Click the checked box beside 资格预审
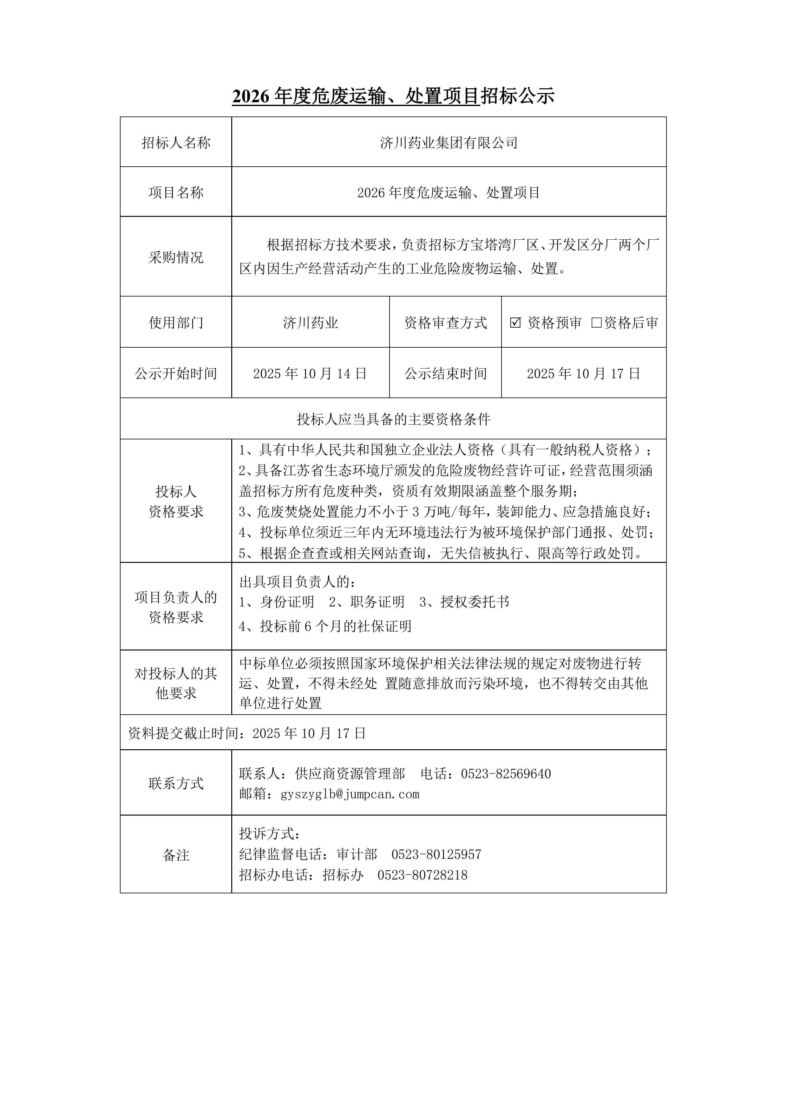coord(515,323)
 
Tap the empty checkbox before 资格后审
coord(596,323)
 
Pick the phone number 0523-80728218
coord(422,875)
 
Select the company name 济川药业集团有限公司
coord(449,143)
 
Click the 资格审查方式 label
coord(445,323)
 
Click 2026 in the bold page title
coord(250,97)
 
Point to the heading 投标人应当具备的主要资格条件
coord(393,419)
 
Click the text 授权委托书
coord(475,602)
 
